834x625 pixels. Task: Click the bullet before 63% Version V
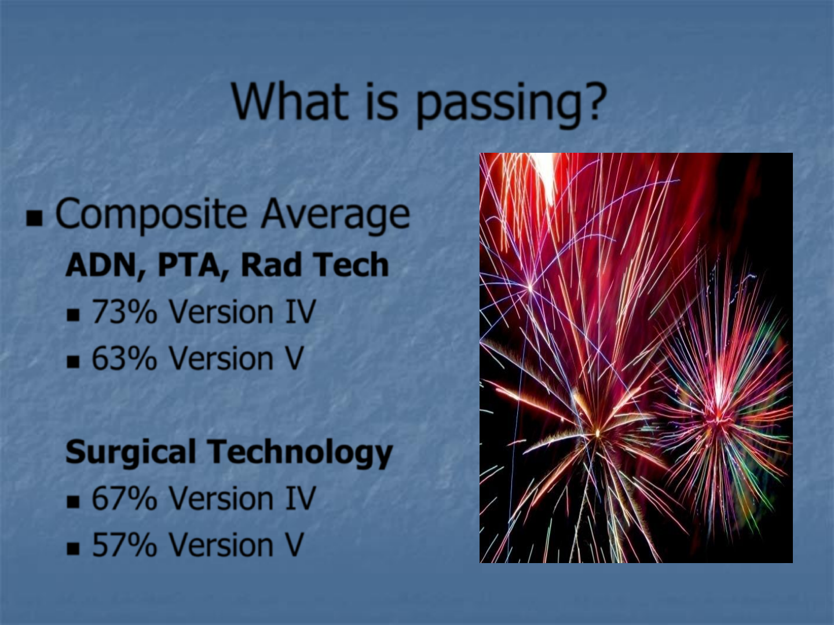point(73,362)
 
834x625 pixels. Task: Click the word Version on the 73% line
point(221,312)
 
